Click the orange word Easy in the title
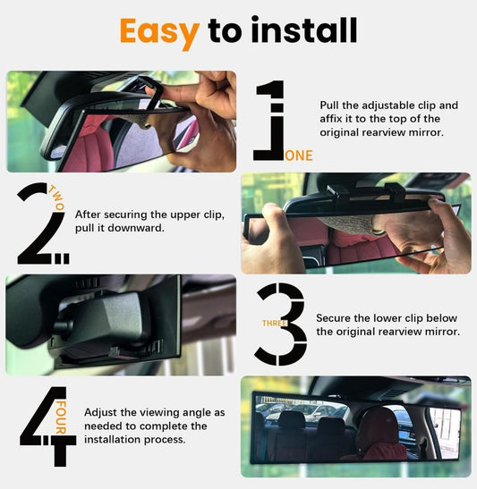(158, 31)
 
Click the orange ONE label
(299, 156)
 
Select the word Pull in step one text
(330, 105)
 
